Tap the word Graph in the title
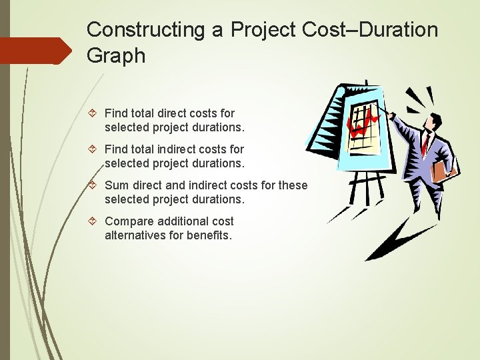tap(115, 56)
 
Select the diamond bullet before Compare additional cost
tap(95, 221)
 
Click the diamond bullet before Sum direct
tap(95, 185)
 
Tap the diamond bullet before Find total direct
tap(95, 113)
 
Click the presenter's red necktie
tap(424, 143)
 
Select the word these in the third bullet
tap(294, 185)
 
